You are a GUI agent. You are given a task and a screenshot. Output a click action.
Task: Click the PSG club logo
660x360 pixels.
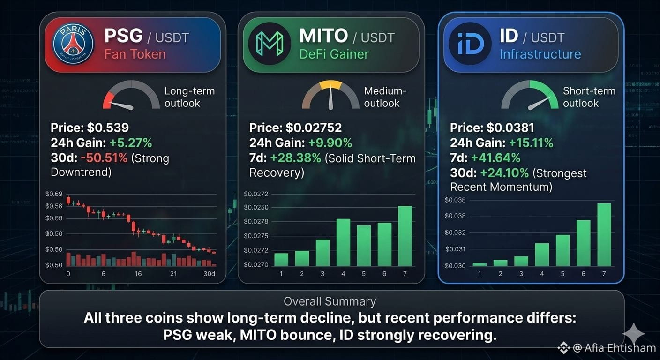coord(73,44)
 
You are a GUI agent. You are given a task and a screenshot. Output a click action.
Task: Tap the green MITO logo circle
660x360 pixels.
coord(270,44)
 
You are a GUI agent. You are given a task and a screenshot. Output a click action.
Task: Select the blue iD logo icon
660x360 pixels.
coord(470,44)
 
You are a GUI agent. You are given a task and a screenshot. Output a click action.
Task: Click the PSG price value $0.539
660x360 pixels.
coord(108,127)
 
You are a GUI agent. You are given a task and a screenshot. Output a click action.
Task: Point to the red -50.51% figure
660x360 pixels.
coord(104,158)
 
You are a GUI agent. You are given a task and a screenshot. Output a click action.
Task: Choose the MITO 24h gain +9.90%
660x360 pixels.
coord(330,143)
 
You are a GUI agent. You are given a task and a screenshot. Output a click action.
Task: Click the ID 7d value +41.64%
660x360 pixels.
coord(495,158)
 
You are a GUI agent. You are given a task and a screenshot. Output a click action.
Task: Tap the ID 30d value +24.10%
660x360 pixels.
coord(504,173)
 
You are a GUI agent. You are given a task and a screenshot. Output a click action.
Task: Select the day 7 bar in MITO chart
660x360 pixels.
coord(405,236)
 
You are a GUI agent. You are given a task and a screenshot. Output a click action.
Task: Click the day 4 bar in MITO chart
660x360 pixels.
coord(343,242)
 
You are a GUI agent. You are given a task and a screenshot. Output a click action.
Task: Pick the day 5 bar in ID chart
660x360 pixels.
coord(563,250)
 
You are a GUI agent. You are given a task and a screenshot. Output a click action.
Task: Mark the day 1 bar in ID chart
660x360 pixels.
coord(480,264)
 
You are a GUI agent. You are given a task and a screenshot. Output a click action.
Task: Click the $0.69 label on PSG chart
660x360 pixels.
coord(54,194)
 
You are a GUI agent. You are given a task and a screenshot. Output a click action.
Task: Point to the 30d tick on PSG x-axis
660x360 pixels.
coord(209,274)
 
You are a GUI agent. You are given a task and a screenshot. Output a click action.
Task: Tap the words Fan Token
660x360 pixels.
coord(135,54)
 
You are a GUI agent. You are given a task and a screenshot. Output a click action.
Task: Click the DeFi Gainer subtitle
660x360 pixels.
coord(334,54)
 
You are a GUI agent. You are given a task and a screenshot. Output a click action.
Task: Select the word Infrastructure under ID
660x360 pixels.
coord(540,54)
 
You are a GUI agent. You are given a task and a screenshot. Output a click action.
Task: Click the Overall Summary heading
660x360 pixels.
coord(330,301)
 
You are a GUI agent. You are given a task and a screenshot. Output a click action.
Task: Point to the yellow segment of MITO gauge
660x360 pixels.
coord(330,84)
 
